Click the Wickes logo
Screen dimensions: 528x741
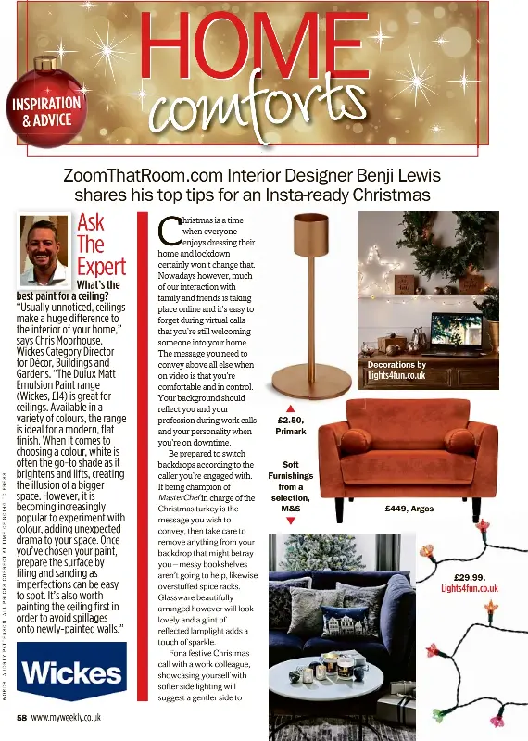[x=72, y=670]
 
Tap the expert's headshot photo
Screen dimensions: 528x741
[x=44, y=250]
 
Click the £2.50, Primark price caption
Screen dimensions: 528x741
[x=291, y=425]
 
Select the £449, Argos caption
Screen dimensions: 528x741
[x=409, y=509]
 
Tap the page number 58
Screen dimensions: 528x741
[x=20, y=717]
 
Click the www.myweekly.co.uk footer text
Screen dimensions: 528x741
[x=66, y=717]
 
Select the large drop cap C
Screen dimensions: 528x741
[x=168, y=231]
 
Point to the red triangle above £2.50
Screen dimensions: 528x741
[x=290, y=408]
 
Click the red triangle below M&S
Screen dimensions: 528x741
[x=290, y=521]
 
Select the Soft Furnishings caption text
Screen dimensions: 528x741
[x=290, y=486]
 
